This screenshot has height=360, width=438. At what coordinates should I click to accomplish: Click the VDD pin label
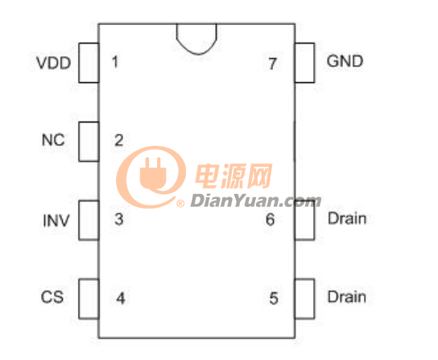click(x=54, y=63)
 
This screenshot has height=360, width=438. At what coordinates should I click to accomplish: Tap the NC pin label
click(x=53, y=140)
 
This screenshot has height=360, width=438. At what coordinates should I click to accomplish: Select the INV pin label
click(x=56, y=221)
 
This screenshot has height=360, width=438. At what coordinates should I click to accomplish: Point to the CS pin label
click(x=52, y=297)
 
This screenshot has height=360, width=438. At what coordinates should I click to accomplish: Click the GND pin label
click(x=345, y=61)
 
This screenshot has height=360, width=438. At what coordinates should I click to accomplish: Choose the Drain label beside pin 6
click(x=347, y=218)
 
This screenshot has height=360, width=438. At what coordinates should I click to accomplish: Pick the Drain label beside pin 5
click(x=347, y=297)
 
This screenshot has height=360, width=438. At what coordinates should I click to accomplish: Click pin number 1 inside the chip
click(x=115, y=62)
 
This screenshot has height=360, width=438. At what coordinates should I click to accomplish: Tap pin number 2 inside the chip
click(x=119, y=140)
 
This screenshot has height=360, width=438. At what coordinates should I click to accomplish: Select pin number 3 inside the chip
click(x=119, y=219)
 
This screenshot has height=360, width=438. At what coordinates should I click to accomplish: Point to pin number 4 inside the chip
click(x=121, y=298)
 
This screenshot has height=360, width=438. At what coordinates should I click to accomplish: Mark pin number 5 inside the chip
click(x=274, y=298)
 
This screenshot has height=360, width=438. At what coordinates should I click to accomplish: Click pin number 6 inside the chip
click(x=270, y=219)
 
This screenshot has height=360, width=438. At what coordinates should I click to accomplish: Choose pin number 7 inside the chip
click(x=273, y=64)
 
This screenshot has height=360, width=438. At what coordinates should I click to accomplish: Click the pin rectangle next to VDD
click(x=89, y=63)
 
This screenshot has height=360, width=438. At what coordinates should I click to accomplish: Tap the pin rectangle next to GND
click(x=304, y=63)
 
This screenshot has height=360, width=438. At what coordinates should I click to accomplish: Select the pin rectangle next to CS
click(x=89, y=299)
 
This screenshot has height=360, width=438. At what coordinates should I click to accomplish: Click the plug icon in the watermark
click(x=153, y=173)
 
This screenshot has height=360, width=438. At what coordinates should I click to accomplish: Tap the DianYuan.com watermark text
click(x=255, y=201)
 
